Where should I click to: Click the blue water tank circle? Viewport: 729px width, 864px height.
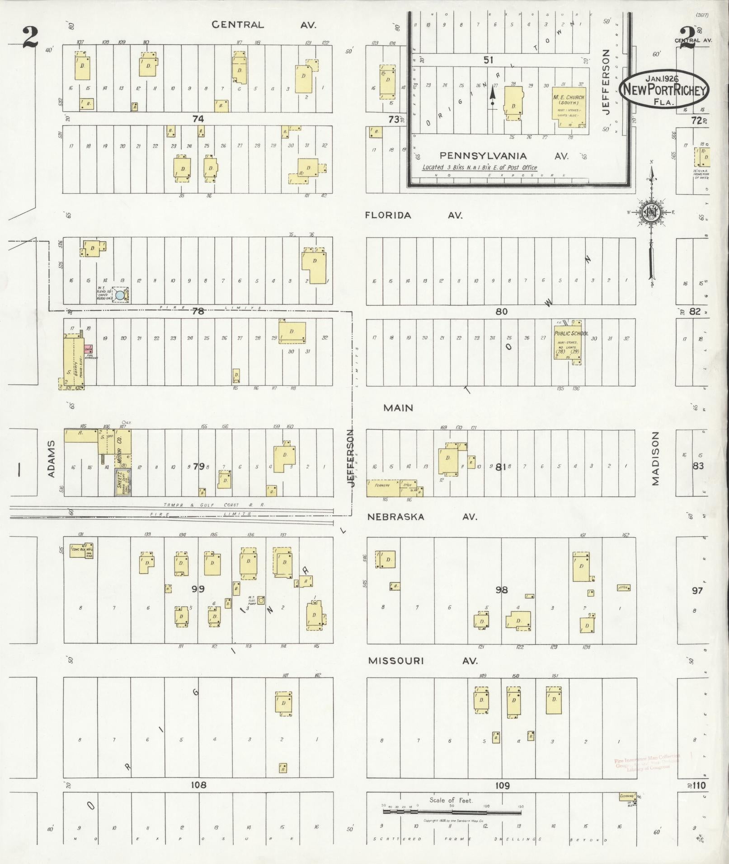(x=120, y=295)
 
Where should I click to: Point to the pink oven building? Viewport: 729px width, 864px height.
(x=88, y=349)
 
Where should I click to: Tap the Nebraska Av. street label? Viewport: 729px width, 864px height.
(x=422, y=517)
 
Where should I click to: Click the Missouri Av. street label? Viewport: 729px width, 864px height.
(x=423, y=661)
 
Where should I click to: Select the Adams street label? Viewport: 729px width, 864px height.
(x=52, y=459)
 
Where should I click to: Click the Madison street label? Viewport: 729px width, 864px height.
(x=655, y=458)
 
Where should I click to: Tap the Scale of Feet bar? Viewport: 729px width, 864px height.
(x=452, y=812)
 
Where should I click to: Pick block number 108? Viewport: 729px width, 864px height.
(x=198, y=785)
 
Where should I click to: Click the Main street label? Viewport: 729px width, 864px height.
(x=398, y=408)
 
